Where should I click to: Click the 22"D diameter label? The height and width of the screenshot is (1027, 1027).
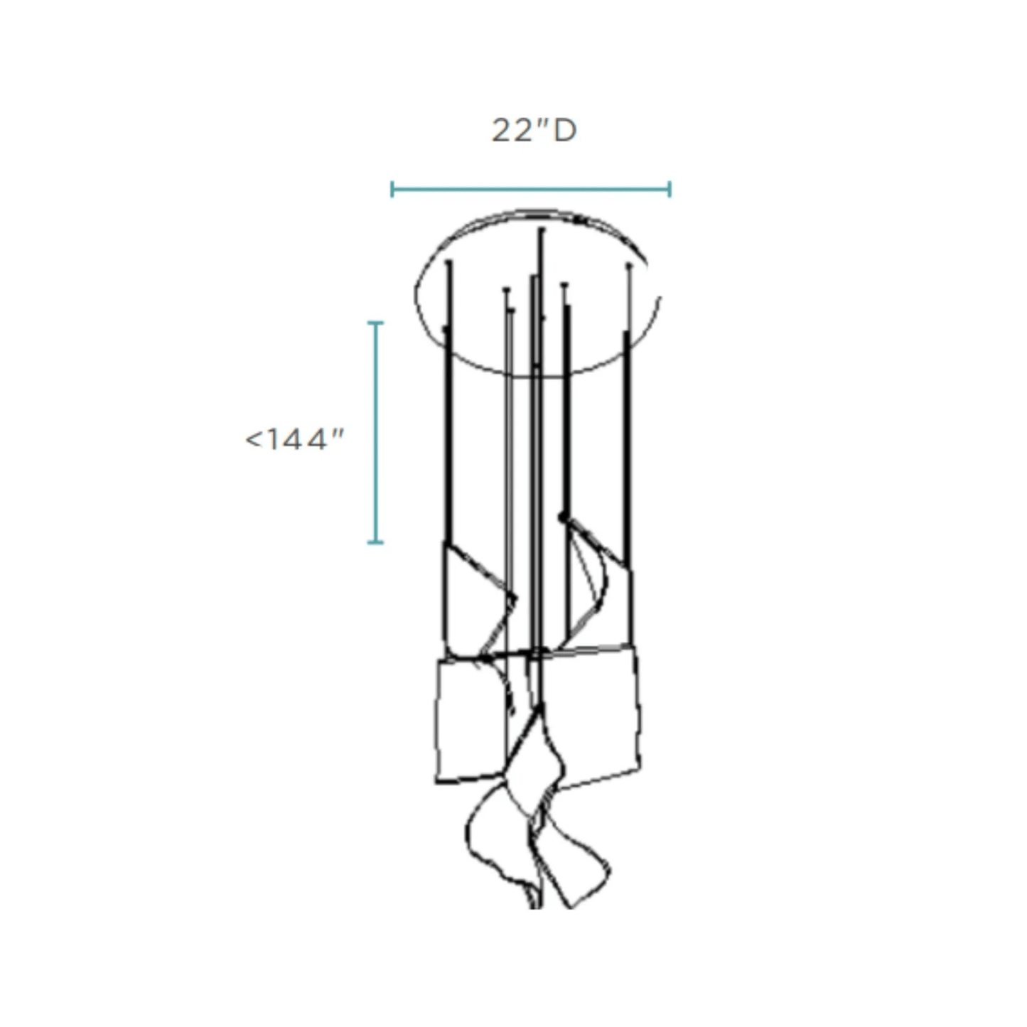point(534,131)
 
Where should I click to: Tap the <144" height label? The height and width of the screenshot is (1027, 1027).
point(294,440)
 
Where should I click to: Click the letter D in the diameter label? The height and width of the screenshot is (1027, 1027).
point(565,131)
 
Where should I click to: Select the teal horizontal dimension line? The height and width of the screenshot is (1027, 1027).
point(531,189)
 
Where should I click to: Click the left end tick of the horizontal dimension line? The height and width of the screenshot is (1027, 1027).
point(392,189)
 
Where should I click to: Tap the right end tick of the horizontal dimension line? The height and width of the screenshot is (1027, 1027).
point(670,189)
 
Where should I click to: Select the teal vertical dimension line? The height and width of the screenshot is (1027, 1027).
point(376,433)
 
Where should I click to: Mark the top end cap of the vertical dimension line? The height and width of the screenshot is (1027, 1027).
point(376,323)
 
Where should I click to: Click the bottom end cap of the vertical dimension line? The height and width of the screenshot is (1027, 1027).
point(376,542)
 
